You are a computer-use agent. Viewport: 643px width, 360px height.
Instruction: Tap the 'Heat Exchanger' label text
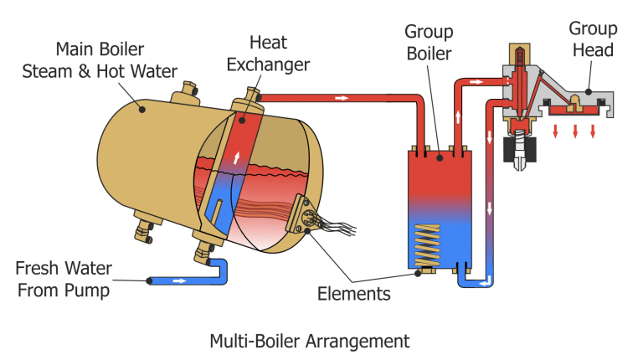[279, 52]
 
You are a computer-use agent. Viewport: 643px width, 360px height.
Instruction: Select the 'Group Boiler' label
[429, 43]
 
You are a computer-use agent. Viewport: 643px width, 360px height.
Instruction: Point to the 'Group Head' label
[593, 39]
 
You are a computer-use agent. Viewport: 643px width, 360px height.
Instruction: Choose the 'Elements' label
[353, 294]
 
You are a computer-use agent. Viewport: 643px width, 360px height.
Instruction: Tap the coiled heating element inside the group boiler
[425, 244]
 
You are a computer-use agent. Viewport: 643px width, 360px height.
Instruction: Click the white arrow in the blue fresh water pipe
[178, 280]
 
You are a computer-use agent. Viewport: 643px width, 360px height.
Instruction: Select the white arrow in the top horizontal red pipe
[341, 98]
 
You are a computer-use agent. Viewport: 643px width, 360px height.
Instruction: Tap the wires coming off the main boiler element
[339, 225]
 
